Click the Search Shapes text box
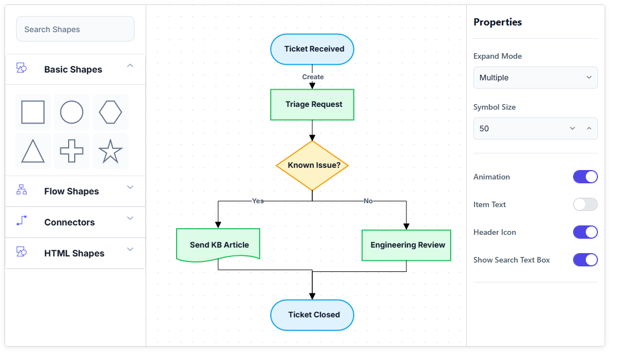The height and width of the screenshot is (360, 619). click(x=75, y=29)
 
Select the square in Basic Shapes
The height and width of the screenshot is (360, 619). click(x=33, y=112)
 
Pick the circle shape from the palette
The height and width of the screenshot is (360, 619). click(x=71, y=112)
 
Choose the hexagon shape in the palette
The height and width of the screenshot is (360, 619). click(x=110, y=112)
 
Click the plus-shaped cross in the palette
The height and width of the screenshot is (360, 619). click(x=71, y=151)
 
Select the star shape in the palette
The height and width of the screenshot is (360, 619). click(x=110, y=151)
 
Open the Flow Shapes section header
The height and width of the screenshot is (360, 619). click(x=75, y=192)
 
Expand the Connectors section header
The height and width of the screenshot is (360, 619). click(x=75, y=222)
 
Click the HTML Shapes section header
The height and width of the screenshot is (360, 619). click(x=75, y=253)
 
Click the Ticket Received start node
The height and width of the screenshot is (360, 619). click(x=312, y=49)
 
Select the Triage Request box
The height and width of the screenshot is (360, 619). click(x=312, y=105)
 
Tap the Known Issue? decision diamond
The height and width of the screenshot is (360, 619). click(x=312, y=166)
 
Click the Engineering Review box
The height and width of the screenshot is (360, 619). click(x=406, y=245)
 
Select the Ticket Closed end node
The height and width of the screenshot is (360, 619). click(x=312, y=315)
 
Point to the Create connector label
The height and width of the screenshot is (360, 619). click(x=313, y=77)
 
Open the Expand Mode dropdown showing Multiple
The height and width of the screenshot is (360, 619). click(x=535, y=78)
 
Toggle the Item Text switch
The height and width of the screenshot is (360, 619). click(x=585, y=204)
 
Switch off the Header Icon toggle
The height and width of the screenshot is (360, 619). click(x=585, y=232)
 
